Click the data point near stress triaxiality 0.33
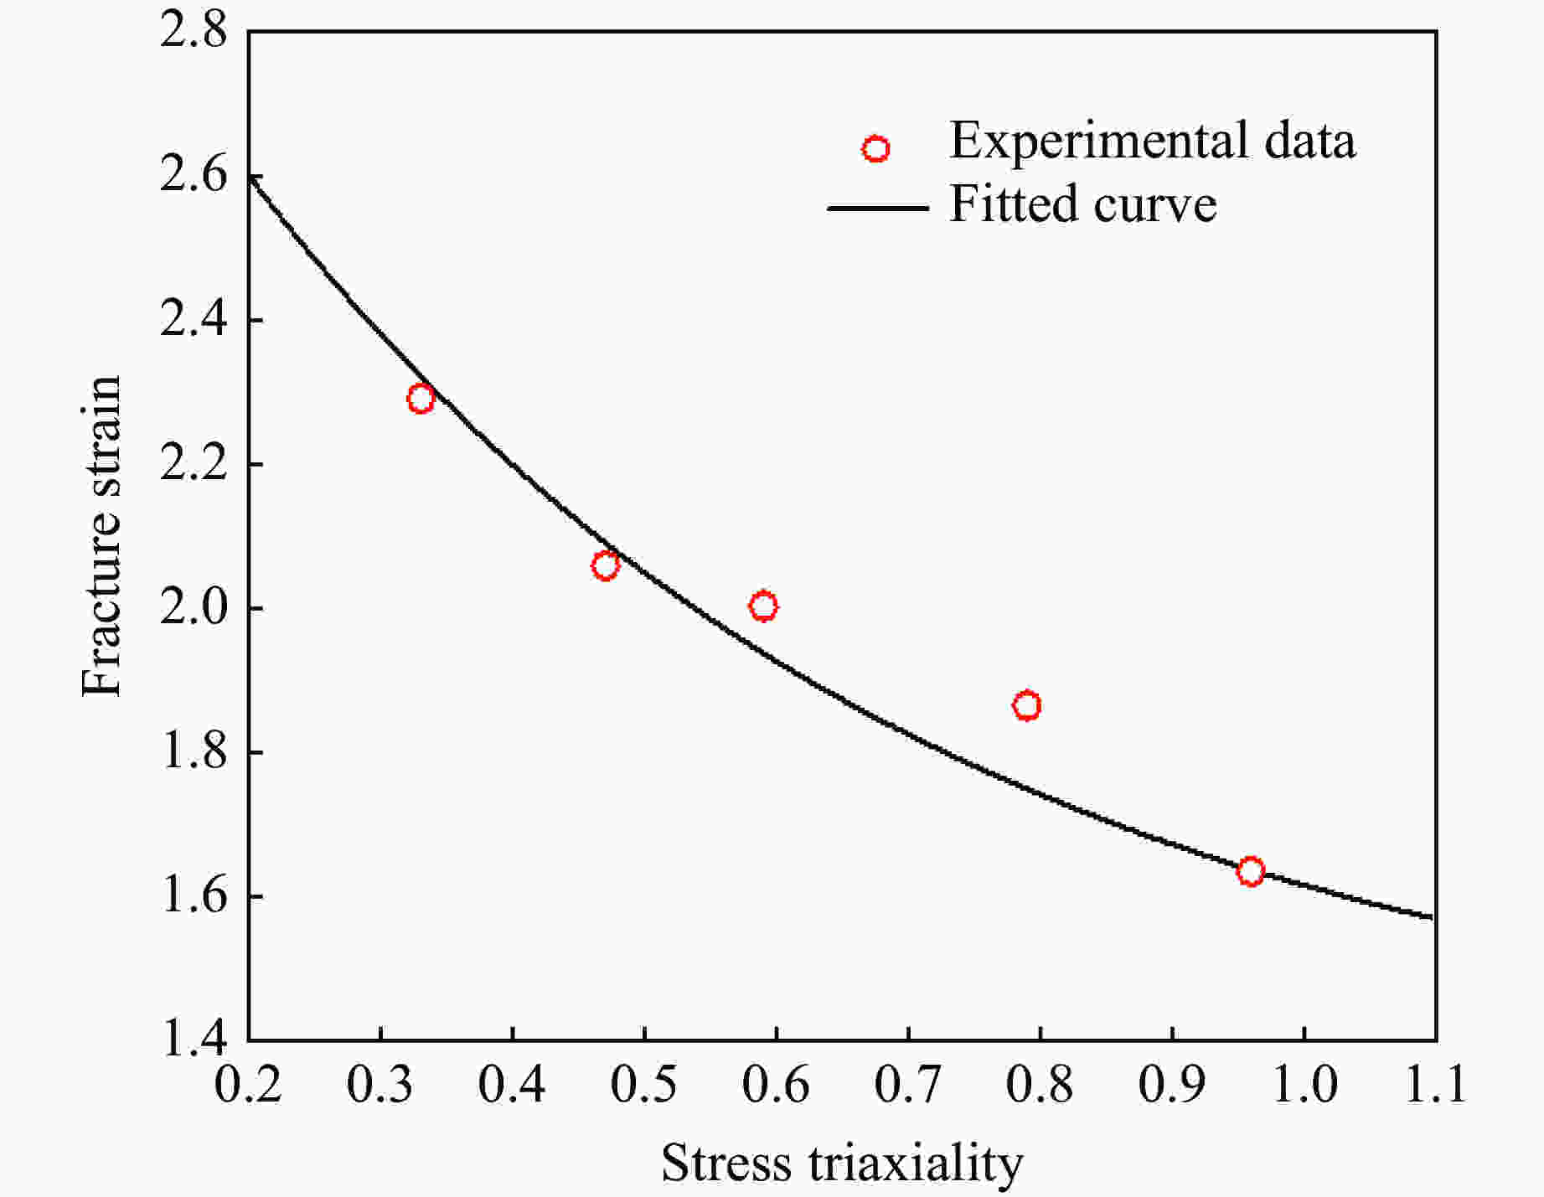pos(421,399)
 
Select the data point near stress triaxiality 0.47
pos(605,566)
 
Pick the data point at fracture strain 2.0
pos(763,606)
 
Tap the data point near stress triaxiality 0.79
pos(1026,705)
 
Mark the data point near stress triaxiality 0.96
pos(1250,871)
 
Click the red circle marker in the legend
pos(875,149)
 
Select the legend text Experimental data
pos(1152,141)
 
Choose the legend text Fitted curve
pos(1082,204)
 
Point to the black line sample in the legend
pos(877,207)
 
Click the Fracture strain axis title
pos(102,536)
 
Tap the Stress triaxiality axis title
pos(842,1163)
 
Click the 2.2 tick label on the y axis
pos(193,464)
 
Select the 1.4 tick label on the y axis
pos(193,1040)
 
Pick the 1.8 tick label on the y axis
pos(193,752)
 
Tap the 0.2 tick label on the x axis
pos(248,1085)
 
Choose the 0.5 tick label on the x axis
pos(643,1085)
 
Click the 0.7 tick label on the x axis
pos(907,1085)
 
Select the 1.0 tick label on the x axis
pos(1304,1085)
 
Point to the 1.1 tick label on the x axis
pos(1434,1085)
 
